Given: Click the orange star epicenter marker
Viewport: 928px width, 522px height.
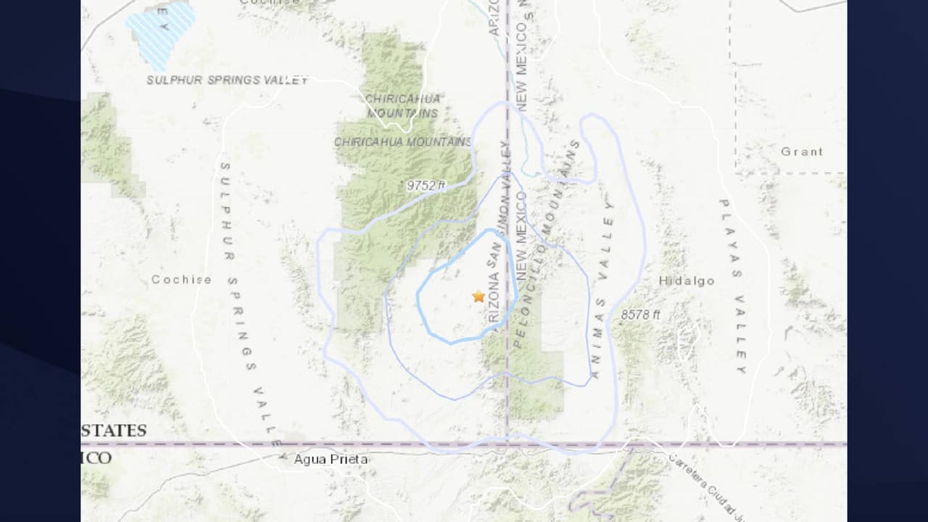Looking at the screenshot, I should (x=478, y=296).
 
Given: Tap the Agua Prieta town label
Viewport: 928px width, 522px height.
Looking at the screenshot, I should (x=331, y=459).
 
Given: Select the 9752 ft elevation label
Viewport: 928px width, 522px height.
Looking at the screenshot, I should (x=426, y=186).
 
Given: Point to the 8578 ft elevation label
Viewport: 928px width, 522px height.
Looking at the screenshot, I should (x=640, y=315).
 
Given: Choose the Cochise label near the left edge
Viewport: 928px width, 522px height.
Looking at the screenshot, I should (x=181, y=279).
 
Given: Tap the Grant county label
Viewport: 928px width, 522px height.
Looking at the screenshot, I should (x=802, y=152).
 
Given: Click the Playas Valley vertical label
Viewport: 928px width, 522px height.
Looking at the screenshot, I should (x=732, y=286).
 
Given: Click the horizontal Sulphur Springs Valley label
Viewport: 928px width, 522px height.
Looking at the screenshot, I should (x=227, y=80).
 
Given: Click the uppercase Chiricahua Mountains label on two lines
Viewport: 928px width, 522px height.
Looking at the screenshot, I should (x=402, y=106).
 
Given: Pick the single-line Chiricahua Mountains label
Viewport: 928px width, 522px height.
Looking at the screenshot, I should (x=403, y=142).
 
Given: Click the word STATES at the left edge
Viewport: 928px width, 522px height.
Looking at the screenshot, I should (x=115, y=431).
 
